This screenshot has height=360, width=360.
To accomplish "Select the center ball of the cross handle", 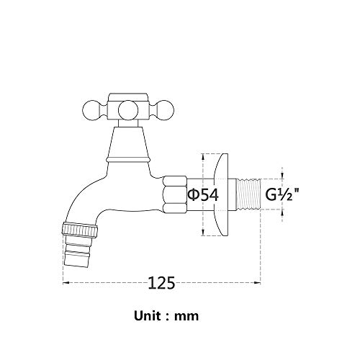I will point(128,111).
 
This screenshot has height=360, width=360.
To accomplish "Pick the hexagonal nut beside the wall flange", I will point(175,194).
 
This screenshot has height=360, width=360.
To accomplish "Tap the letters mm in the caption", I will point(189,315).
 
